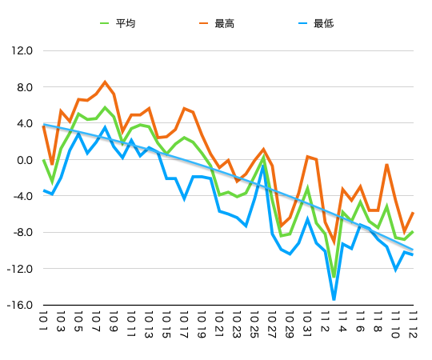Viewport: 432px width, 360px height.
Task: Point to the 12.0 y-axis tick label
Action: (x=22, y=50)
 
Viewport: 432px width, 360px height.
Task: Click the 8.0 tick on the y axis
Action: (x=24, y=87)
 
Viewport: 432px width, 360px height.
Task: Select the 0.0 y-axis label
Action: (x=24, y=160)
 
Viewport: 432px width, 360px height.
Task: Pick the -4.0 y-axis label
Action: (x=22, y=196)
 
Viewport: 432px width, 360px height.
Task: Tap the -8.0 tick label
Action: (x=22, y=233)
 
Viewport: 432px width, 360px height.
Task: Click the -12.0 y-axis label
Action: (x=21, y=269)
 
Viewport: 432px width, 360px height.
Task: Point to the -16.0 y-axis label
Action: (x=21, y=306)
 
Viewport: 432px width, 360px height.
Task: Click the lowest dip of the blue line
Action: (x=334, y=300)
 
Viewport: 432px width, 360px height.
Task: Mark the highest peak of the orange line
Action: (x=105, y=82)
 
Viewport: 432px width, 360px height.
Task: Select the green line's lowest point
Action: (x=334, y=276)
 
